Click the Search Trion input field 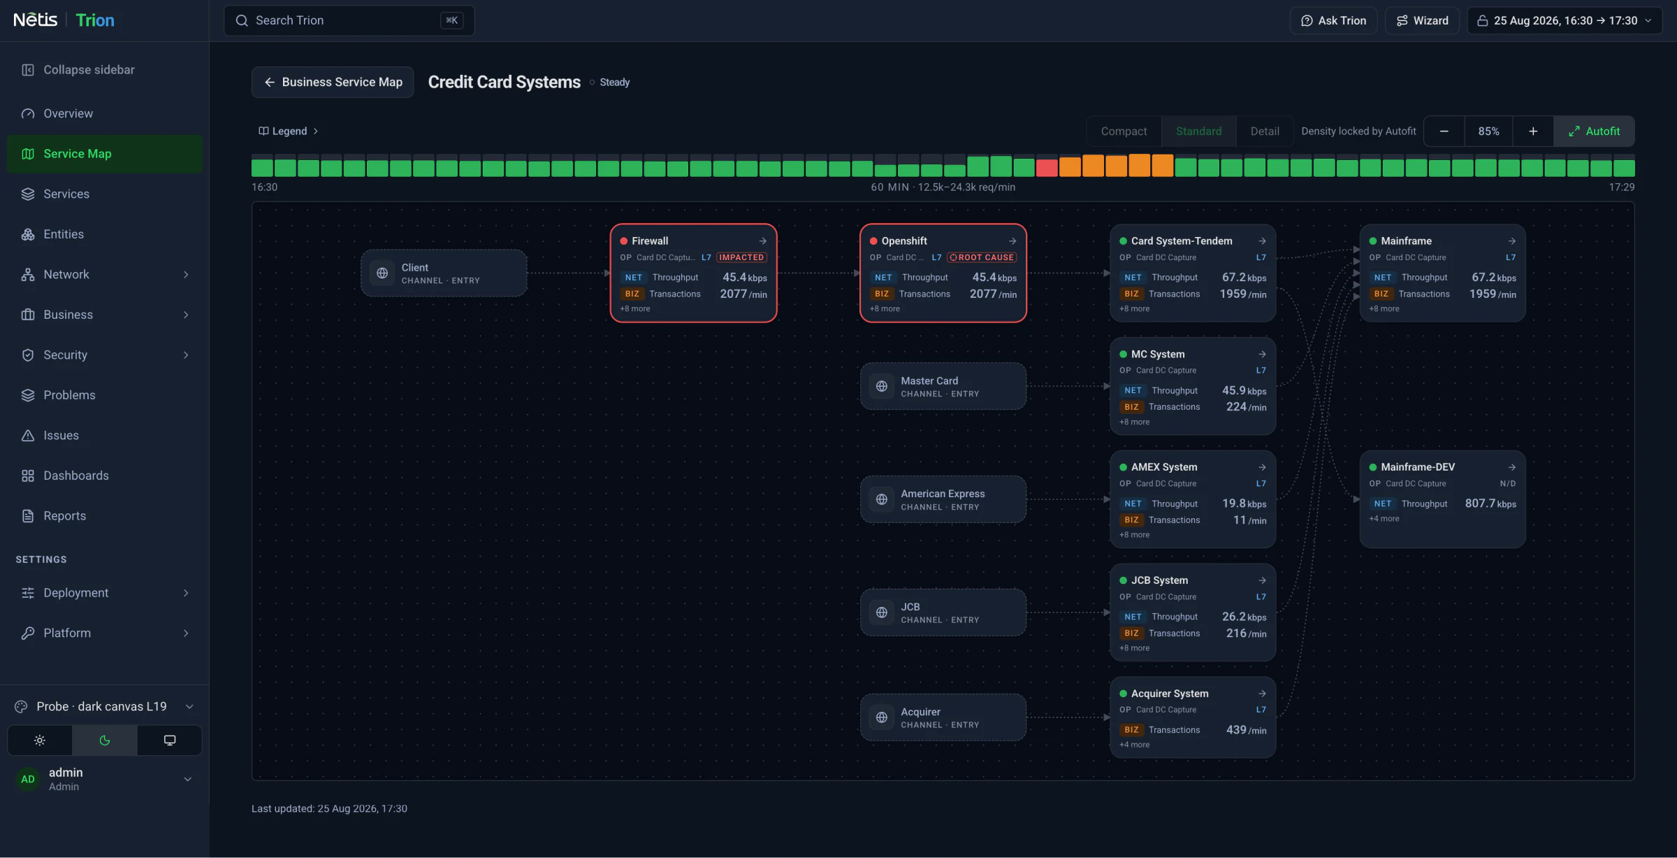[x=349, y=20]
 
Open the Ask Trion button [x=1333, y=20]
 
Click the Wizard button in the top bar [x=1422, y=20]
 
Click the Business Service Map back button [x=333, y=82]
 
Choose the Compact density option [x=1124, y=131]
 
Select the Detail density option [x=1265, y=131]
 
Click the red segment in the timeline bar [x=1046, y=168]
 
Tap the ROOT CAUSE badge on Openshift [x=982, y=257]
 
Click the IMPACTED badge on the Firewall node [x=741, y=257]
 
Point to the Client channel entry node [x=444, y=273]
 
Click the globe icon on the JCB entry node [x=882, y=613]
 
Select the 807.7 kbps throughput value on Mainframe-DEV [x=1490, y=503]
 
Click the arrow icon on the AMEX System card [x=1262, y=467]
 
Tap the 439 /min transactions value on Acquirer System [x=1246, y=730]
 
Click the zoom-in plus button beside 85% [x=1533, y=131]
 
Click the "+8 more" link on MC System [x=1134, y=422]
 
